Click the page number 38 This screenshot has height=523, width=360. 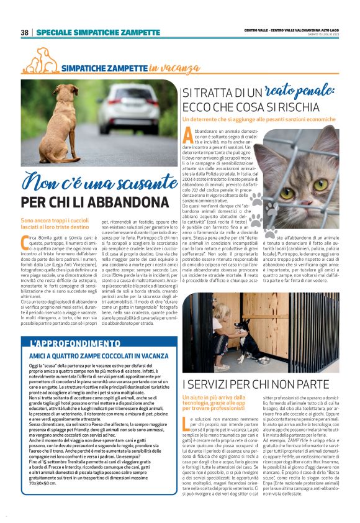point(25,32)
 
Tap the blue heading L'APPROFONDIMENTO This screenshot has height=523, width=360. point(66,343)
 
